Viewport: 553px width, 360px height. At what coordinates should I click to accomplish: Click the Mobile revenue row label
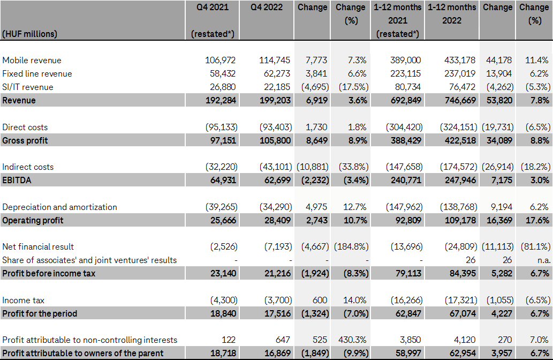coord(32,61)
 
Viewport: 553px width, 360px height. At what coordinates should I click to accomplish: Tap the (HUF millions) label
coord(30,33)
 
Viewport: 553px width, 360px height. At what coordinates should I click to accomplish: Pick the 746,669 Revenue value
coord(458,100)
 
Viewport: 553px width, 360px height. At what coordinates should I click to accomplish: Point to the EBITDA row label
coord(17,180)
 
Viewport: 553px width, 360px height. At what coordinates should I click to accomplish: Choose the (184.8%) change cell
coord(351,247)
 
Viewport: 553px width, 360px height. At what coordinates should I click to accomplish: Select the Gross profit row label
coord(25,140)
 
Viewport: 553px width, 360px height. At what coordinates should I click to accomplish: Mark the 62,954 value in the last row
coord(458,354)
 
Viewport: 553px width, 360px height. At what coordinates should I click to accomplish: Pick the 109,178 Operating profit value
coord(458,220)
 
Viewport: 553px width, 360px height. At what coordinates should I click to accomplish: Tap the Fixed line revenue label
coord(37,74)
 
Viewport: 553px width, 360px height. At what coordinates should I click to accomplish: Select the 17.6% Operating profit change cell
coord(538,220)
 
